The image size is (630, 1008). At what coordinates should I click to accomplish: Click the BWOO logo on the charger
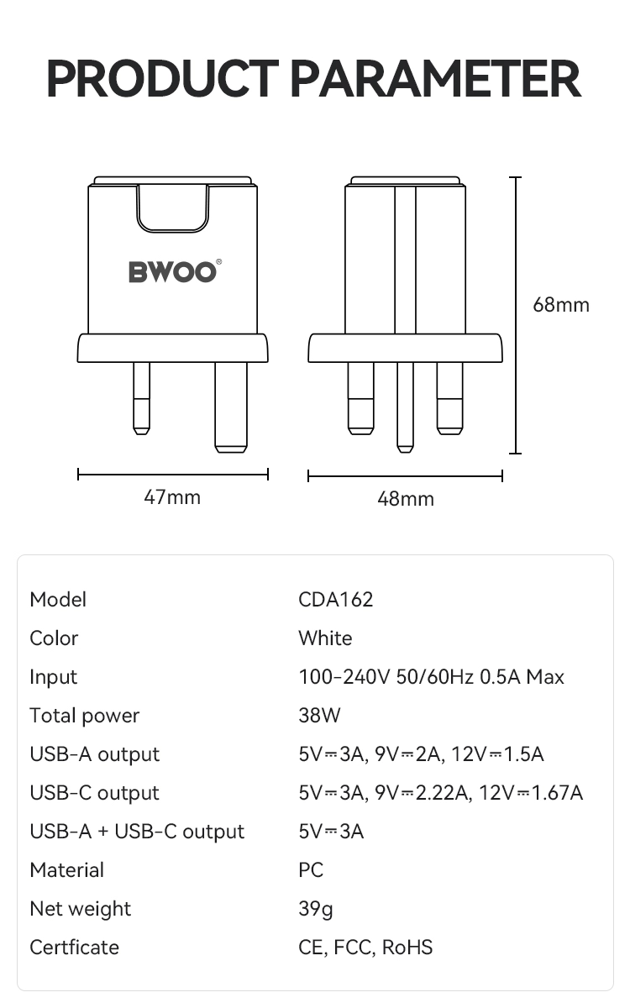tap(174, 272)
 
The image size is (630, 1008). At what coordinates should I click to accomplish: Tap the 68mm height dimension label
tap(561, 305)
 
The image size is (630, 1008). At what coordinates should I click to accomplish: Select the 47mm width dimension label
tap(172, 497)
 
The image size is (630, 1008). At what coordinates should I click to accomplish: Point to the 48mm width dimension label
tap(406, 499)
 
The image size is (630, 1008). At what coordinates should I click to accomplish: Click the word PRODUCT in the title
tap(161, 79)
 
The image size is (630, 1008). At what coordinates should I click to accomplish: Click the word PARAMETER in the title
tap(435, 79)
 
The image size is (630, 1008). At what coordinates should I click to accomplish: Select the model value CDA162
tap(335, 600)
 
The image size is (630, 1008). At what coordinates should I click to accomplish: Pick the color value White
tap(325, 638)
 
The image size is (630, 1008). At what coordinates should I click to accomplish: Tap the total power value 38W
tap(319, 716)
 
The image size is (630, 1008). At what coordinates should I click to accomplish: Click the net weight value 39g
tap(316, 909)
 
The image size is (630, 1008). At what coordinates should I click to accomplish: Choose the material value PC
tap(311, 870)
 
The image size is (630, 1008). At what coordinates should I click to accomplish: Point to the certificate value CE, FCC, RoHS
tap(365, 948)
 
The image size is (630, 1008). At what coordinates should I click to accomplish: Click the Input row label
tap(53, 677)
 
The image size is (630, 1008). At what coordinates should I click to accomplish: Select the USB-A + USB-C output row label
tap(137, 832)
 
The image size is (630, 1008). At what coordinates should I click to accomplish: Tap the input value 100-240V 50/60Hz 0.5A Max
tap(431, 677)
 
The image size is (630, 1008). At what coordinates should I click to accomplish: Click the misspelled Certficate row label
tap(74, 948)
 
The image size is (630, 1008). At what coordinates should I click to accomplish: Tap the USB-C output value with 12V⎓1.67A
tap(440, 793)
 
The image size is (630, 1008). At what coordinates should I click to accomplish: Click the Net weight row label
tap(80, 909)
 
